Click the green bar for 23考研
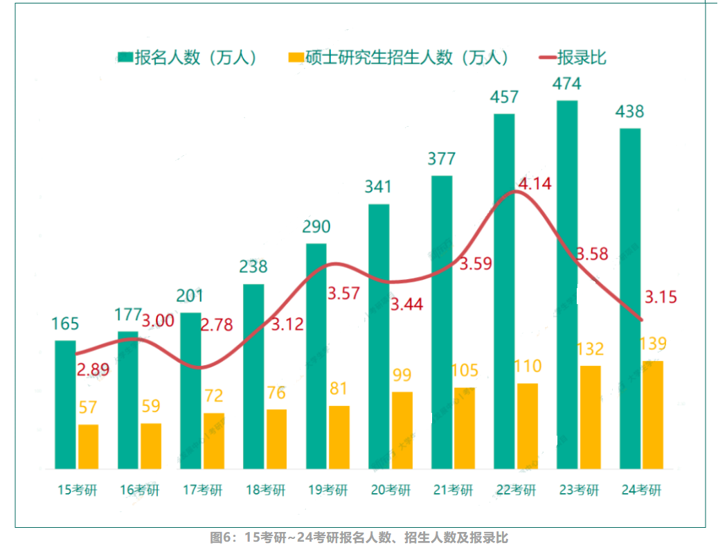(x=567, y=284)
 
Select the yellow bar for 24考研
(x=652, y=414)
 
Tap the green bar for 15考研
(x=65, y=404)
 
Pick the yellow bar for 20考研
(x=402, y=429)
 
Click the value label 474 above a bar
(x=566, y=84)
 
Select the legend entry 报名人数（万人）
(x=188, y=57)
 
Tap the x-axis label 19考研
(x=328, y=490)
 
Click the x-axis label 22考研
(x=516, y=490)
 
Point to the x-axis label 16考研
(x=139, y=490)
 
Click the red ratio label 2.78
(x=217, y=324)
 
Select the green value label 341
(x=378, y=186)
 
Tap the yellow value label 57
(x=88, y=407)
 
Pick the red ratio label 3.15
(x=661, y=298)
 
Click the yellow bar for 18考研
(x=276, y=438)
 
